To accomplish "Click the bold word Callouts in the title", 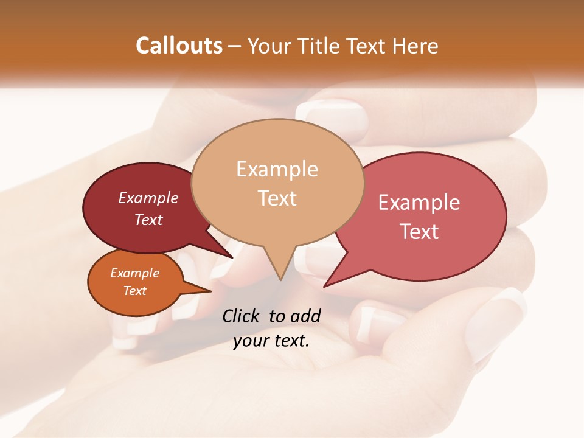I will (179, 46).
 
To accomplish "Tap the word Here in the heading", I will (416, 46).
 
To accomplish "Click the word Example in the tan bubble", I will (277, 169).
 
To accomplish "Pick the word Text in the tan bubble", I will (277, 198).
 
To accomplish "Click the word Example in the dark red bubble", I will (148, 198).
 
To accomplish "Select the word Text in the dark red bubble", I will (148, 220).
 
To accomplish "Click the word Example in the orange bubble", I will (135, 273).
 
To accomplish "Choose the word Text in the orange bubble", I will (135, 291).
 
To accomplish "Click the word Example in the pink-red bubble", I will (419, 203).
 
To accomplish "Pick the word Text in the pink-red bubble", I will (419, 231).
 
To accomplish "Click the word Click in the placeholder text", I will (242, 316).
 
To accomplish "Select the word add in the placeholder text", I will (306, 316).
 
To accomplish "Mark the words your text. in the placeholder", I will (271, 340).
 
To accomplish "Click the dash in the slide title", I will (235, 46).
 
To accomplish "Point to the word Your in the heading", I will (269, 46).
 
